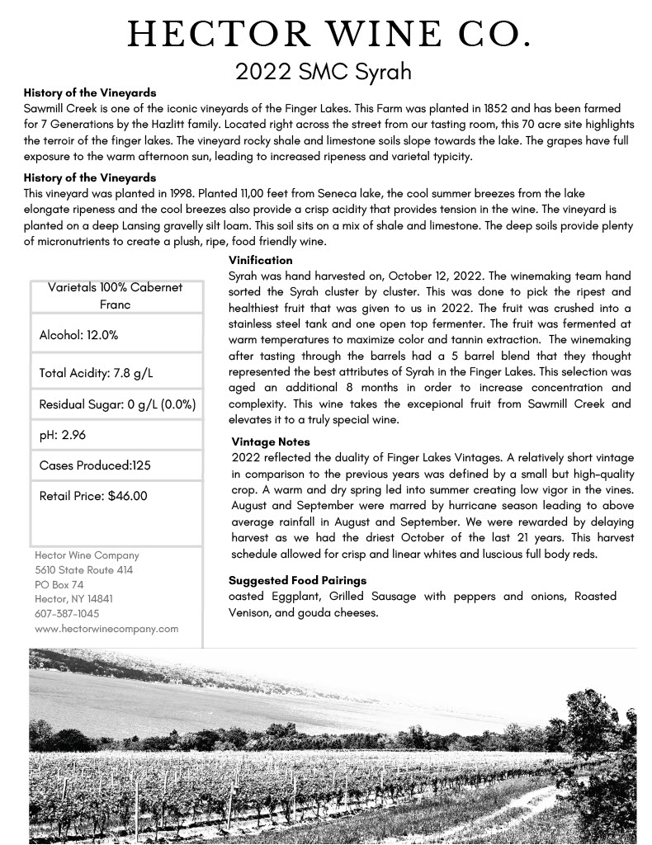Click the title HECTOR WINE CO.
tap(328, 35)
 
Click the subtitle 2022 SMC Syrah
tap(324, 72)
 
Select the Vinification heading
tap(260, 260)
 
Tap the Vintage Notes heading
tap(271, 442)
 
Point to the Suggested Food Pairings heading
tap(298, 580)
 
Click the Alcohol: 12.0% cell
tap(79, 335)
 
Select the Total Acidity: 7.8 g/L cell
tap(97, 373)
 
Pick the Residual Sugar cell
tap(117, 405)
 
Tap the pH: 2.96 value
tap(63, 435)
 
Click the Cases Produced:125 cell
tap(95, 465)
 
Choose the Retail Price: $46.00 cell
tap(93, 496)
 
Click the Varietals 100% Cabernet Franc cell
tap(115, 295)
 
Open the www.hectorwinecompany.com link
tap(106, 628)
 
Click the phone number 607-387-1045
tap(67, 613)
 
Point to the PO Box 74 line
tap(59, 584)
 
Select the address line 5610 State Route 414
tap(84, 569)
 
